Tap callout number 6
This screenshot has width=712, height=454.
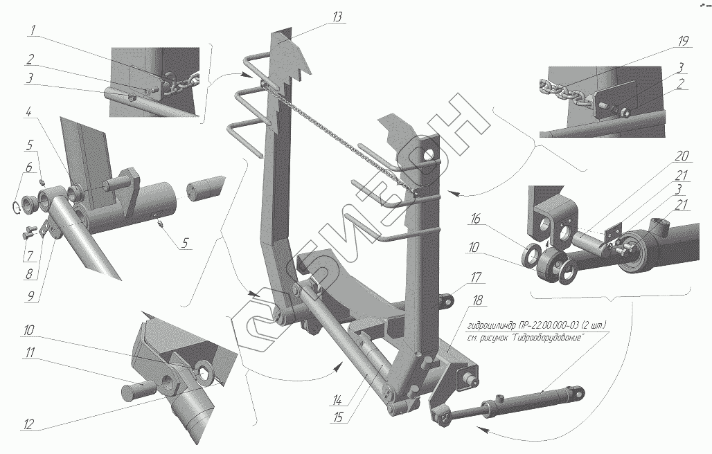pyautogui.click(x=29, y=167)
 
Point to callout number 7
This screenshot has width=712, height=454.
pyautogui.click(x=29, y=254)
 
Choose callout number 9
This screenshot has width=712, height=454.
pyautogui.click(x=29, y=298)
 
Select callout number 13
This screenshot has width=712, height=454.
pyautogui.click(x=337, y=17)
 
